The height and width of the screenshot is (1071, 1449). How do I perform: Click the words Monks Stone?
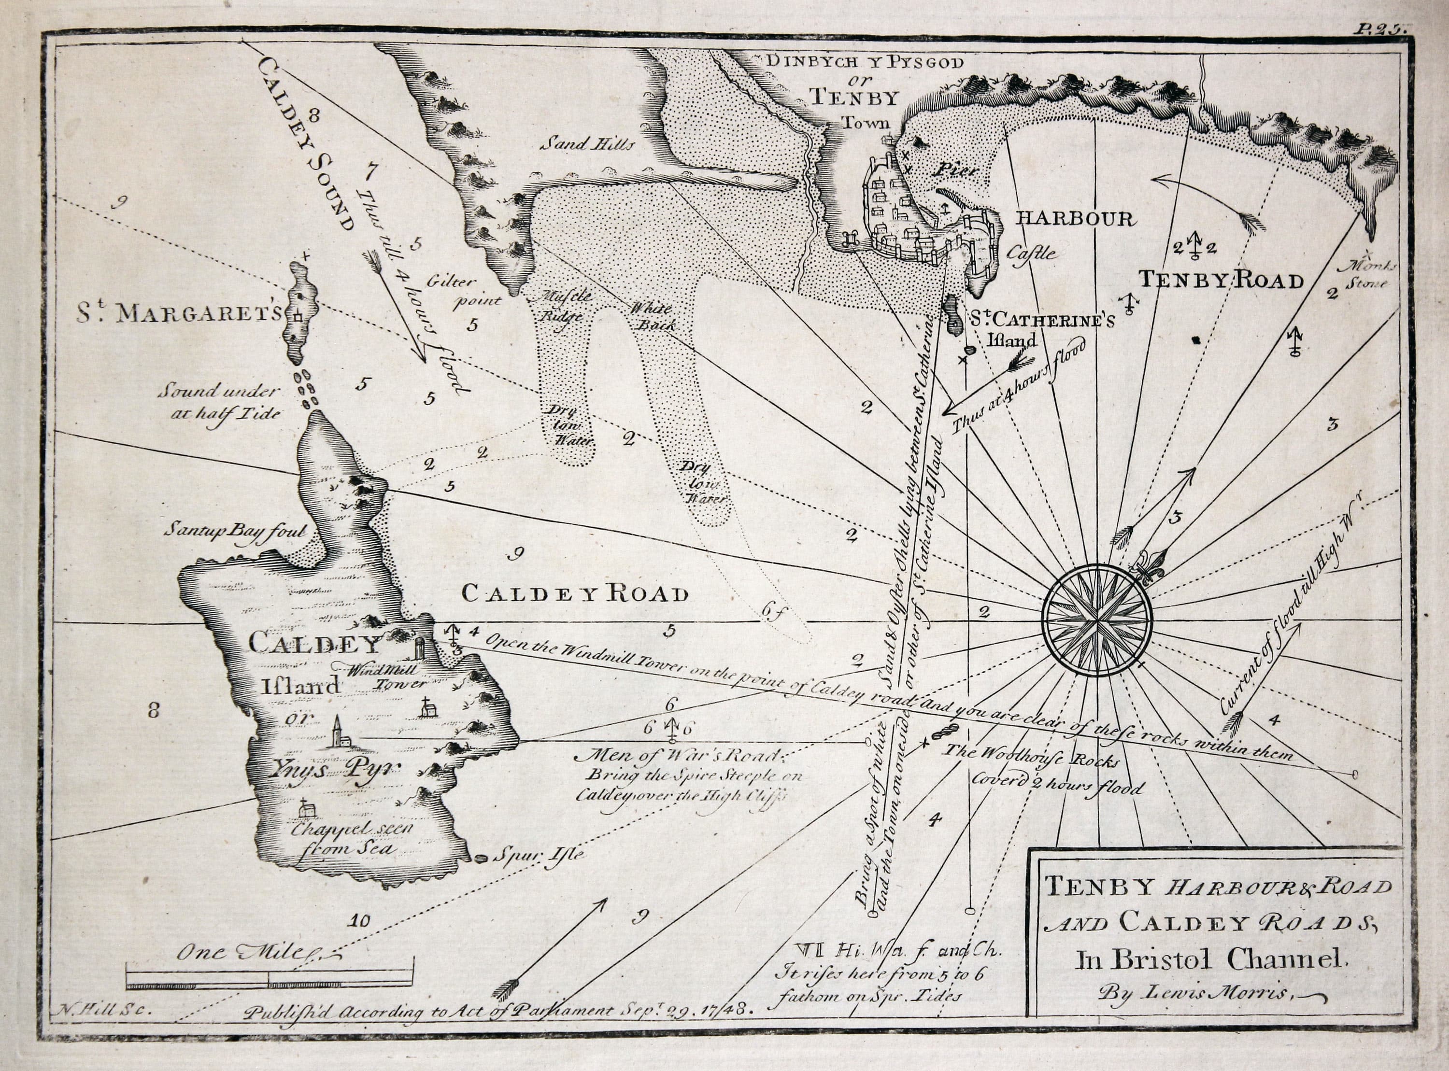pos(1365,275)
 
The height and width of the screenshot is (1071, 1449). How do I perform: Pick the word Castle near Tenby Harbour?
pos(1031,254)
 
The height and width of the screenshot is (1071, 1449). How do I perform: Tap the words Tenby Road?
pos(1221,281)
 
